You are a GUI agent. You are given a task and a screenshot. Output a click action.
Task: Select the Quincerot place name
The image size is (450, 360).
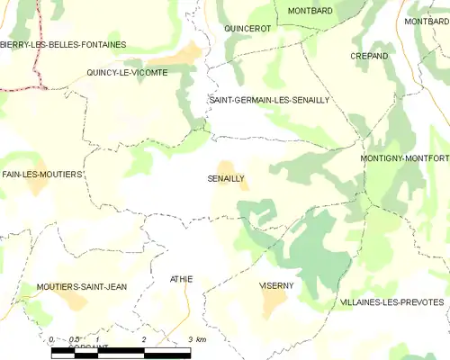247,29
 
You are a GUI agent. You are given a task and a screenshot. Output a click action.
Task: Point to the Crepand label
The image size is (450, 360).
369,56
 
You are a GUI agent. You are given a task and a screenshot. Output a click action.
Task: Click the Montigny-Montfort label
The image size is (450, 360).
403,158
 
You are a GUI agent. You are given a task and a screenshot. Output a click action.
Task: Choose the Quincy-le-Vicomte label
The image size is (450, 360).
127,73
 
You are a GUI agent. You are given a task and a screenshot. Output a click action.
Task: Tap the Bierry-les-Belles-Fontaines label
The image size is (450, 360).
63,44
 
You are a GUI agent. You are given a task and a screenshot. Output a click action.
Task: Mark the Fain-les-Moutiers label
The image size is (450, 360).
42,174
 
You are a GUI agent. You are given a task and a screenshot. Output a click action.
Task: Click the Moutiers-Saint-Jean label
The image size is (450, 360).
81,286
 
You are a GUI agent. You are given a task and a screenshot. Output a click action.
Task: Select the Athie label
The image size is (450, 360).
181,280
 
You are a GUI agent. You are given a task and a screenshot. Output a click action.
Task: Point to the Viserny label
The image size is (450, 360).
276,285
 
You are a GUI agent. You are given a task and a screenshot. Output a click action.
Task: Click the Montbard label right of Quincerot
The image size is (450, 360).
310,11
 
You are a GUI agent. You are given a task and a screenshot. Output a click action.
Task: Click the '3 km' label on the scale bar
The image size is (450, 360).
196,339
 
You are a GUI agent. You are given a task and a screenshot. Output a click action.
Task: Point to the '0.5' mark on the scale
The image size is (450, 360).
75,339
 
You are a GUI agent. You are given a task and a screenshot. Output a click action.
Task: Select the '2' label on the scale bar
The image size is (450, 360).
144,339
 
